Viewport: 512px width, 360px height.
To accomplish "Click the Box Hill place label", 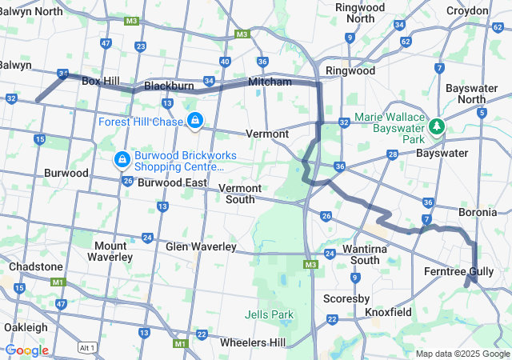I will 101,82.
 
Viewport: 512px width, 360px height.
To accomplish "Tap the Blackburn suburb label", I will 169,85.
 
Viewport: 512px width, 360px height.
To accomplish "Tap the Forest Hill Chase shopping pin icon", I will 194,121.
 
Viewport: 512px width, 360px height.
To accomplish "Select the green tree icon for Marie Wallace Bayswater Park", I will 437,126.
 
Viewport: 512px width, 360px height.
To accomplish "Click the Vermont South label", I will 240,194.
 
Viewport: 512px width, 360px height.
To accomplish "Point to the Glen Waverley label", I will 200,246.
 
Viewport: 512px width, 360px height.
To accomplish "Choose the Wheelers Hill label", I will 254,342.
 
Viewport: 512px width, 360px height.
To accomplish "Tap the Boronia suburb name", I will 478,213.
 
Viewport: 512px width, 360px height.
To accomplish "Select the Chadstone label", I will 35,266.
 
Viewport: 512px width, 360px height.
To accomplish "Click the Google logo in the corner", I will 26,350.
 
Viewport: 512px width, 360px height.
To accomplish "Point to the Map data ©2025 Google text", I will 462,354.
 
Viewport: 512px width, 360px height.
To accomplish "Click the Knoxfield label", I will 389,311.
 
